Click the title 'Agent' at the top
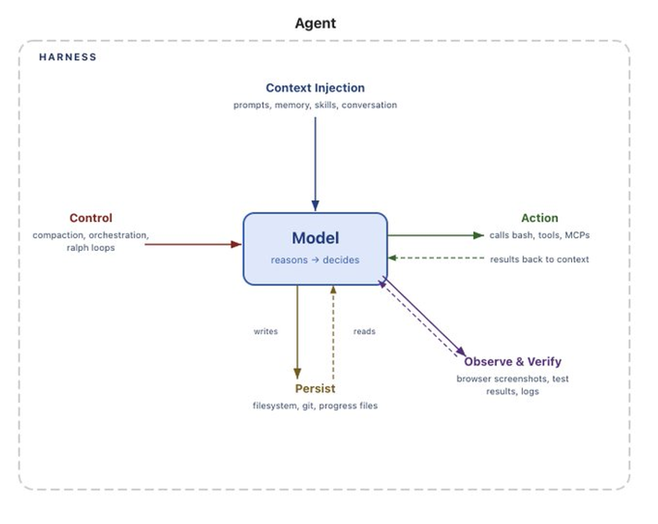[x=315, y=24]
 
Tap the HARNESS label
[x=67, y=57]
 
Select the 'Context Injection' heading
[x=315, y=88]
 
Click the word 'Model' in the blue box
[x=315, y=238]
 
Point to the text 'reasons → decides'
[x=315, y=260]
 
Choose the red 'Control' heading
[x=90, y=218]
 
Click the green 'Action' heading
[x=540, y=218]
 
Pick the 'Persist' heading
[x=315, y=389]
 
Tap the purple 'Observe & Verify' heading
[x=513, y=362]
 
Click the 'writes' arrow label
[x=265, y=332]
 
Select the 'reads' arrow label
[x=364, y=332]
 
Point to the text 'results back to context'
[x=539, y=259]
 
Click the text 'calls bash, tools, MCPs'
[x=539, y=235]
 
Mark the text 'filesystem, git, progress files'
[x=315, y=406]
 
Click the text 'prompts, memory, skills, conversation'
[x=315, y=105]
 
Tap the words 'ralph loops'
[x=90, y=248]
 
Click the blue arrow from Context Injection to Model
[x=315, y=164]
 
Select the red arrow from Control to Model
[x=192, y=244]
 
